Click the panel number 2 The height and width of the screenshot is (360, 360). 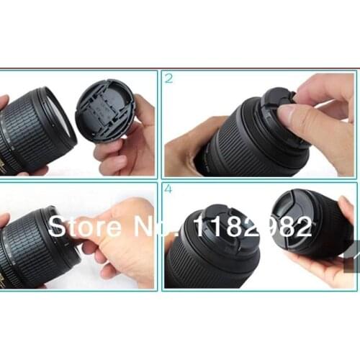(169, 78)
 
